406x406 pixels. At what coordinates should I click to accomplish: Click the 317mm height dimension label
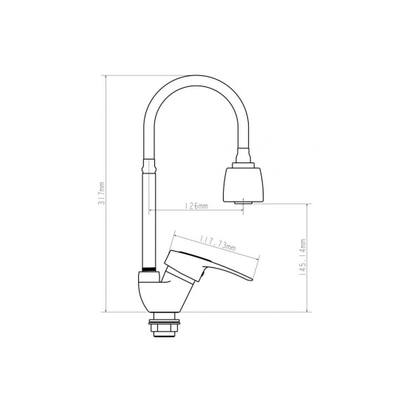103,193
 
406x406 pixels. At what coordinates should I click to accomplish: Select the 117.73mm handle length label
218,244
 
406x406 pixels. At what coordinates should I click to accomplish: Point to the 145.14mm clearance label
303,257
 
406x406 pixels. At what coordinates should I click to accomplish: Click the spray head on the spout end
244,184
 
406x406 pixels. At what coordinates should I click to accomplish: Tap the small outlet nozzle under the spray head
244,202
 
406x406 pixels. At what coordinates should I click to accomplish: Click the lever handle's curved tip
246,278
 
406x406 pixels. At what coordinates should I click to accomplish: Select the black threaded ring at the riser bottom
150,269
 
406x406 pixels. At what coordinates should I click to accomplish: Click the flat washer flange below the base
164,323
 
